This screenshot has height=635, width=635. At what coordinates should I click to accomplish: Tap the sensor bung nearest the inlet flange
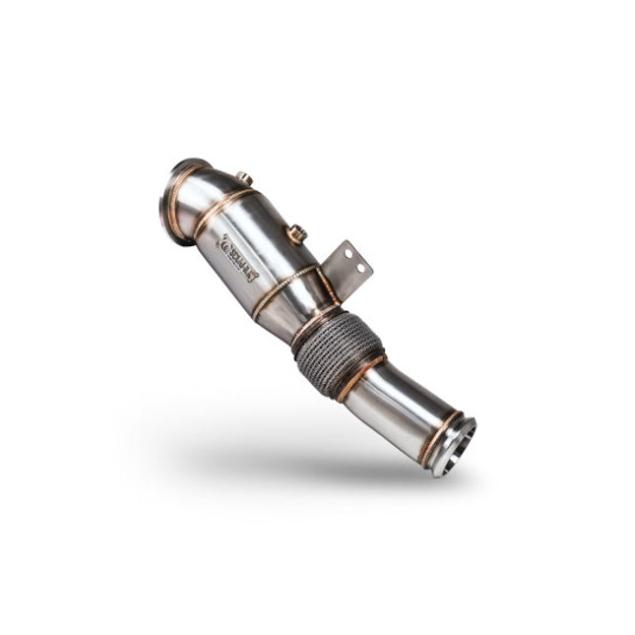click(243, 178)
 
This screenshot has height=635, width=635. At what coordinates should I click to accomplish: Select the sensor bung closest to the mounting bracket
click(295, 233)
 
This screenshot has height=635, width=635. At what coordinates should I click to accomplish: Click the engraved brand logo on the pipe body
click(237, 258)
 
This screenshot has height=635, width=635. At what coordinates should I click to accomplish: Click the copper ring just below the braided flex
click(362, 377)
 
